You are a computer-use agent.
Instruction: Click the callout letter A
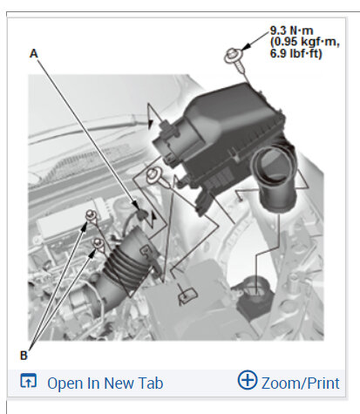(34, 53)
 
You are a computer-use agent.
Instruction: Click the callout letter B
(24, 356)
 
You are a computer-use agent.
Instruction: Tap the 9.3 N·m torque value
(292, 31)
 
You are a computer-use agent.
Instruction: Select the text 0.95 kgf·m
(305, 42)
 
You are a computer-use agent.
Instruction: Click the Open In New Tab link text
(105, 383)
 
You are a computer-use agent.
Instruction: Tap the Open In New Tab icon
(28, 381)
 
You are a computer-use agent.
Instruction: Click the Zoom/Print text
(301, 383)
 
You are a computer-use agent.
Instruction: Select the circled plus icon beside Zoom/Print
(248, 380)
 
